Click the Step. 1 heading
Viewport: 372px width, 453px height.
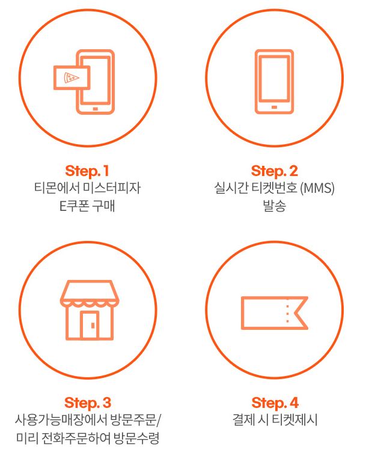pos(87,171)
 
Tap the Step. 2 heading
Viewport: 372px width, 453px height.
pos(274,171)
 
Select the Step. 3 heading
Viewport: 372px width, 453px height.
pos(88,403)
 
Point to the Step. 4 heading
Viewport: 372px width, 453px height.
pos(275,403)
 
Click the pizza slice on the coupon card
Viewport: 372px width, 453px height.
pos(71,78)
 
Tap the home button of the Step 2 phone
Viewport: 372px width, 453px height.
pos(274,107)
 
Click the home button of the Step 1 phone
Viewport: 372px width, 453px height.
pos(96,109)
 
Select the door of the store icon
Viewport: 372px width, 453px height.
pos(90,324)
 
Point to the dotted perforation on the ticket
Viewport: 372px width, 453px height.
pos(287,313)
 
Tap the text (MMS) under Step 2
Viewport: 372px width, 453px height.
pos(317,188)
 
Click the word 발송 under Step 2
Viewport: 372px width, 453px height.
pos(274,205)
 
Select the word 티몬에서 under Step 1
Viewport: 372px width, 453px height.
pos(56,188)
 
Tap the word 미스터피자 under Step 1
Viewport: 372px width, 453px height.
pos(112,188)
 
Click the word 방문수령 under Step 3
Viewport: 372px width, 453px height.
pos(136,438)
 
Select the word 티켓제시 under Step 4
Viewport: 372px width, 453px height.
pos(295,420)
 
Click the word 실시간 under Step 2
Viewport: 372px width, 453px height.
pos(231,188)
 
